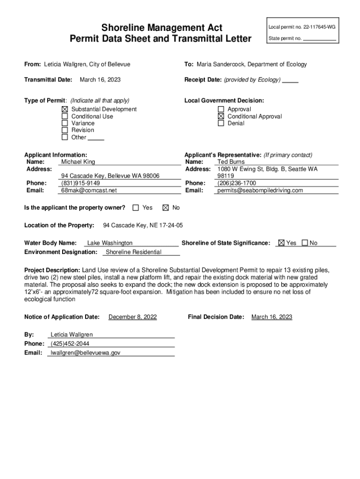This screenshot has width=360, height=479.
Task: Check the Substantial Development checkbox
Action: pos(65,109)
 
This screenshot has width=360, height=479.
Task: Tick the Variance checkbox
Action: pos(65,123)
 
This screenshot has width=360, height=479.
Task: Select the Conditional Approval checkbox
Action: pos(221,116)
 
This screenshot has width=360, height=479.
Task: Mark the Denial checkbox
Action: pos(221,123)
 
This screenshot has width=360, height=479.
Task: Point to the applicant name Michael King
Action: pos(78,162)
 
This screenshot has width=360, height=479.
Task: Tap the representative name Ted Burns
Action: pos(231,162)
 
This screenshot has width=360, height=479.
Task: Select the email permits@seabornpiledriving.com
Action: pos(260,190)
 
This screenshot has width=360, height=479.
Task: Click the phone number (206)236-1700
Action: pos(237,183)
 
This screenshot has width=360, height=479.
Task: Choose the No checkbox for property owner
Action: pos(166,207)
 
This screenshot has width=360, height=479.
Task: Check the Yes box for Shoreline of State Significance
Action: pos(281,243)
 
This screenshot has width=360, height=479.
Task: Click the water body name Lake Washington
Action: pos(110,243)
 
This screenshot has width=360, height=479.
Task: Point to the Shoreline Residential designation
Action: pos(134,252)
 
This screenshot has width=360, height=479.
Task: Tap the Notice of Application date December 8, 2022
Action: pos(132,317)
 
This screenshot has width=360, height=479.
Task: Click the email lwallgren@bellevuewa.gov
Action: pos(86,353)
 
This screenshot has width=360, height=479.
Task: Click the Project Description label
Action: pos(52,270)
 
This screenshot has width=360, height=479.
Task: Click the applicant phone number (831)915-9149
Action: pos(80,183)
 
